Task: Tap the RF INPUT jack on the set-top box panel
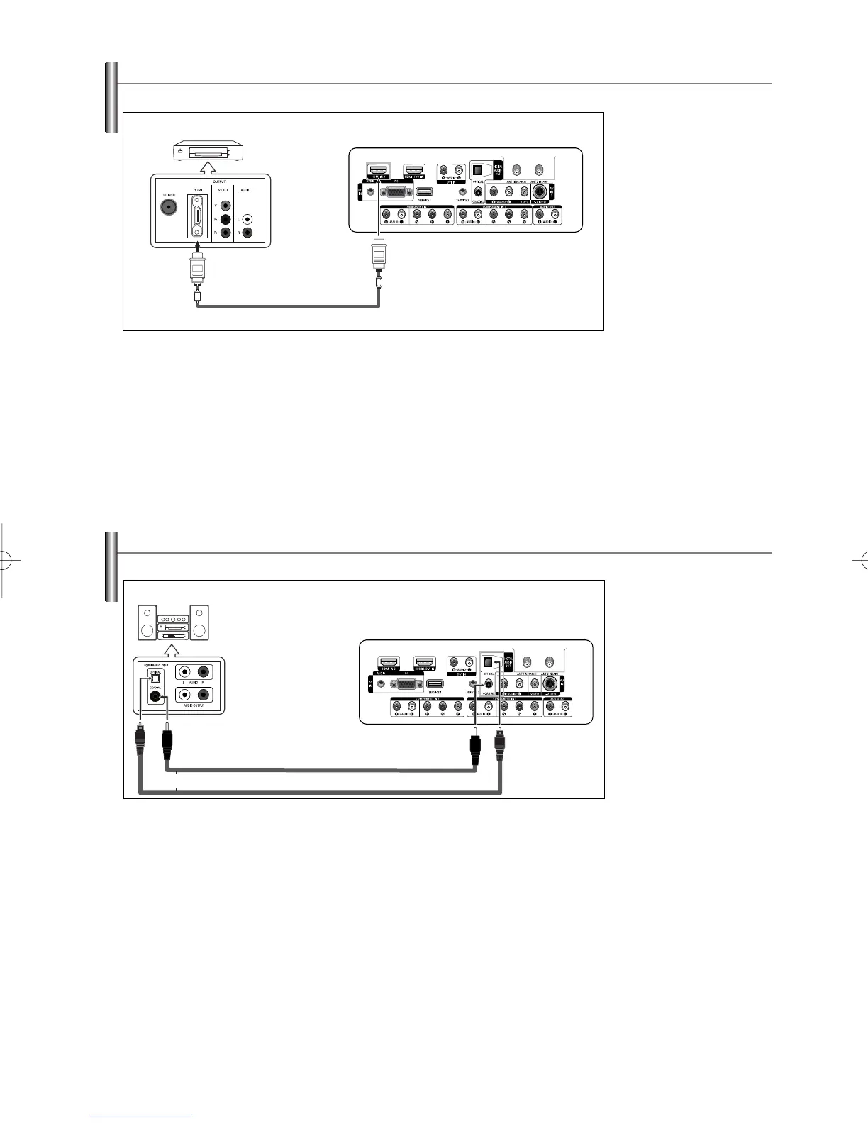169,207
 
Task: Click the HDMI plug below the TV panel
379,255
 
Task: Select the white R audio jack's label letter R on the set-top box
238,233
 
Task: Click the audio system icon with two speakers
174,622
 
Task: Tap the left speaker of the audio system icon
147,622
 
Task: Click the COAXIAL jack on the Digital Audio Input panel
156,696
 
